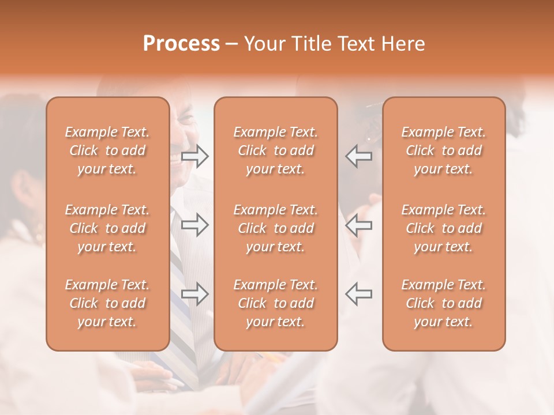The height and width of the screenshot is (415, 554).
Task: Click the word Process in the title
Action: tap(181, 44)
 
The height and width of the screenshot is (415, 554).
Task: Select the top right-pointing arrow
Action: tap(194, 156)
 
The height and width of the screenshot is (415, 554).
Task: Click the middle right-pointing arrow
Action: tap(194, 225)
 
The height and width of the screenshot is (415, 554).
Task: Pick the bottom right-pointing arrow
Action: tap(194, 294)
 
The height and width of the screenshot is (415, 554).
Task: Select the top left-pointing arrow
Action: tap(359, 156)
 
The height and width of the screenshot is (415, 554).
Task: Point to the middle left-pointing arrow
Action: tap(359, 225)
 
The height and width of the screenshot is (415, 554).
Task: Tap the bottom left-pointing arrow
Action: tap(359, 294)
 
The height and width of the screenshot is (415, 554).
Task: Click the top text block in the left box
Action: tap(107, 150)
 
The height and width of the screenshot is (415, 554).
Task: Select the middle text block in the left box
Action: tap(107, 228)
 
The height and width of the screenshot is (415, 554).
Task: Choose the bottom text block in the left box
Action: tap(107, 303)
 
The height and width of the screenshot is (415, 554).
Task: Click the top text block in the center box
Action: tap(275, 150)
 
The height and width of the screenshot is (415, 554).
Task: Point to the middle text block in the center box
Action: tap(275, 228)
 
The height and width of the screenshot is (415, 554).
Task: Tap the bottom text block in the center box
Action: tap(275, 303)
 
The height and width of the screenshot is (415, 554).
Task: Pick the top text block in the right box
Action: tap(444, 150)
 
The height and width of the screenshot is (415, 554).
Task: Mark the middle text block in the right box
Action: tap(444, 228)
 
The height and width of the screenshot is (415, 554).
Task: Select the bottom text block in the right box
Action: tap(444, 303)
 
